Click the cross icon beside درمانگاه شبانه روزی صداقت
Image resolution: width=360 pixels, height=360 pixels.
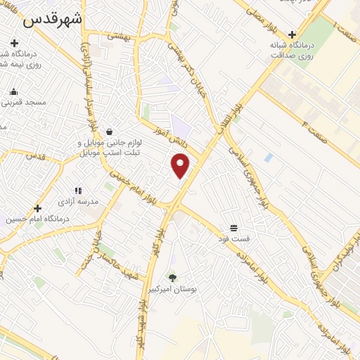291,34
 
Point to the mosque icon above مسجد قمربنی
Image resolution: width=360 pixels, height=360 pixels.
13,91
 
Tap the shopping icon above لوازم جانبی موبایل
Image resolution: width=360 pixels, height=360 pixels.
109,131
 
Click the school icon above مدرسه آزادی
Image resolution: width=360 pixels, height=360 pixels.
78,191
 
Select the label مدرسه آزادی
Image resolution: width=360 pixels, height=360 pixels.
78,201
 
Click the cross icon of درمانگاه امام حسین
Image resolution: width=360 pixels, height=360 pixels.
37,208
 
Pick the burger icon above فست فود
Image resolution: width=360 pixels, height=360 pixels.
233,228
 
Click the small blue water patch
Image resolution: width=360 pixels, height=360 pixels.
269,157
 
